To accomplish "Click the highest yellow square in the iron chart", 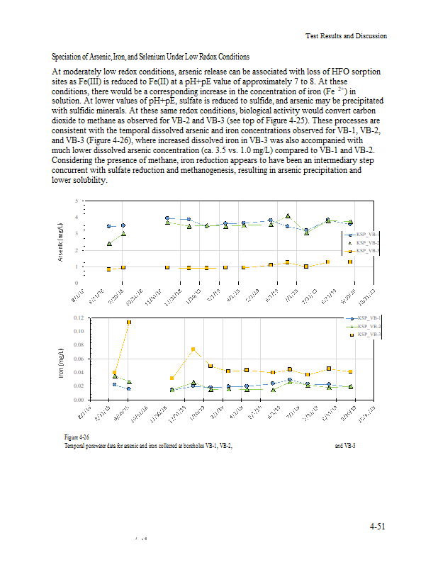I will pos(129,322).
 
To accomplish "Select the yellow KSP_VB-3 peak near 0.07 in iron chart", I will pos(193,349).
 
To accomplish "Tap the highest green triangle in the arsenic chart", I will pos(288,216).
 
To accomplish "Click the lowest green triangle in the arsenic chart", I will pos(109,244).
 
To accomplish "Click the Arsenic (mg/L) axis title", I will pos(61,242).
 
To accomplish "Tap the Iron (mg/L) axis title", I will pos(61,360).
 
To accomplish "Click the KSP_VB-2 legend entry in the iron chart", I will pos(369,326).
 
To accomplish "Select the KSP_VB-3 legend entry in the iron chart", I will pos(369,334).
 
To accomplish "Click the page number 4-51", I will pos(376,526).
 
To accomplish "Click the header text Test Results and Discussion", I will pos(346,35).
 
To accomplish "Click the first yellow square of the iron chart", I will pos(115,373).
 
